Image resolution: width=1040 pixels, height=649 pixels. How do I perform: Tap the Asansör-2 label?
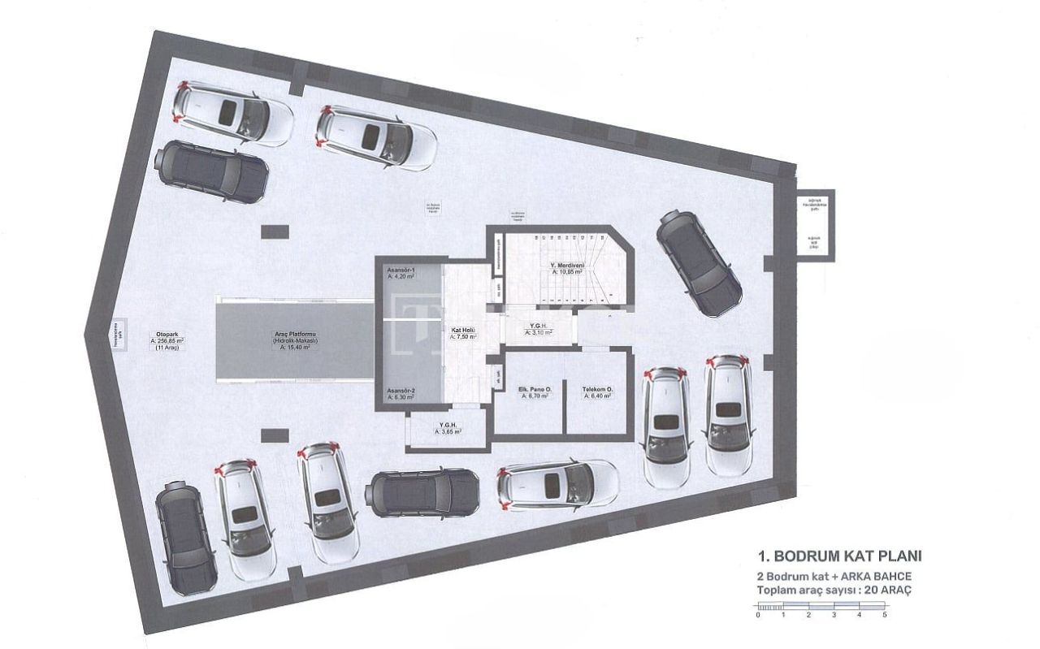[x=401, y=393]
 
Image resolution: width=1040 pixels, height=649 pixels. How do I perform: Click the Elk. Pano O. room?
[x=535, y=394]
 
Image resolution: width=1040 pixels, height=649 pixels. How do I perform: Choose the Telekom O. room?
[x=597, y=394]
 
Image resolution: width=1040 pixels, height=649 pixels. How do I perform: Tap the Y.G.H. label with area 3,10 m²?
[x=538, y=328]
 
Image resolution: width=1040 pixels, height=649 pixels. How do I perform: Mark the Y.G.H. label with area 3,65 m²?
[x=447, y=428]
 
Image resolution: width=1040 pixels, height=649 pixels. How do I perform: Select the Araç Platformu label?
[x=294, y=340]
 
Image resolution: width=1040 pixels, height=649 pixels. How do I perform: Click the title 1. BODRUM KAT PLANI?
[x=838, y=556]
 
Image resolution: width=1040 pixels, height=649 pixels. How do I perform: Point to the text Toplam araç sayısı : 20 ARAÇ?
[x=834, y=591]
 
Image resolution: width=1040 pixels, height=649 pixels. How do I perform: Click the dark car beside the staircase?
[x=699, y=263]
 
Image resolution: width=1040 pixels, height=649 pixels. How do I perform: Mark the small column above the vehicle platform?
[x=275, y=232]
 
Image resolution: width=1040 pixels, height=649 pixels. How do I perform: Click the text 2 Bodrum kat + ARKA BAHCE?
[x=833, y=575]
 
